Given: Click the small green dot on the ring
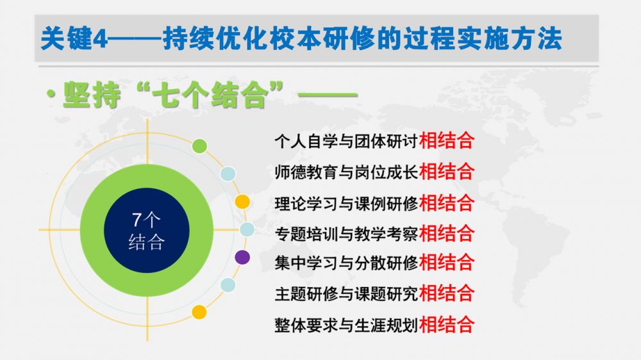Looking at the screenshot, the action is pyautogui.click(x=199, y=146).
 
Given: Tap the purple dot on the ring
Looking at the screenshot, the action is pyautogui.click(x=242, y=258).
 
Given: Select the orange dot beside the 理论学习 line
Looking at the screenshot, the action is pyautogui.click(x=242, y=201).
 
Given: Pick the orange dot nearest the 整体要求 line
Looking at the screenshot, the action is pyautogui.click(x=199, y=312).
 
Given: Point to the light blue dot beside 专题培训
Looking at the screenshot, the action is pyautogui.click(x=247, y=230).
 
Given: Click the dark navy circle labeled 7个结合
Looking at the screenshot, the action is pyautogui.click(x=147, y=231).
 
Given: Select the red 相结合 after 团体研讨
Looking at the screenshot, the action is pyautogui.click(x=446, y=140).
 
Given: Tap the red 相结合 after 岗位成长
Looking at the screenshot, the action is pyautogui.click(x=446, y=172).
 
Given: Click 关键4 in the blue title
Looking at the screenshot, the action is pyautogui.click(x=74, y=39).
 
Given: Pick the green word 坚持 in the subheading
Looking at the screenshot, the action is pyautogui.click(x=92, y=95).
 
